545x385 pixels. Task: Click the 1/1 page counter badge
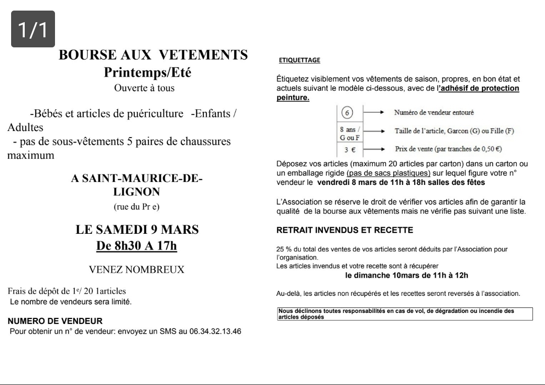pos(33,29)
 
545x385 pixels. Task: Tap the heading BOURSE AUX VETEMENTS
pos(153,55)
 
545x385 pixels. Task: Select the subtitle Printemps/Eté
pos(147,72)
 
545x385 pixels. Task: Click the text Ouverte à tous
pos(144,88)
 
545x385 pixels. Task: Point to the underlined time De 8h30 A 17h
pos(137,246)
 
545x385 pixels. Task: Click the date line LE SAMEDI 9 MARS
pos(137,230)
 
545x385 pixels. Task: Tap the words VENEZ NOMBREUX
pos(137,270)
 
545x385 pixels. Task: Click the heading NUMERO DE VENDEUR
pos(55,320)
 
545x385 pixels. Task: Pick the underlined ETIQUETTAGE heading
pos(299,60)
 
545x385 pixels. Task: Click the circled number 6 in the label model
pos(346,112)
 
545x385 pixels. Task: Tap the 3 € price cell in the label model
pos(350,149)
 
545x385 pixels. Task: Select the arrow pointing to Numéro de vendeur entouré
pos(375,112)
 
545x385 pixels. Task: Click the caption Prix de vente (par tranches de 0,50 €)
pos(448,149)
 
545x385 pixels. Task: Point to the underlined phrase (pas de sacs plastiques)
pos(389,173)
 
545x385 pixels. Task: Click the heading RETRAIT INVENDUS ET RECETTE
pos(345,230)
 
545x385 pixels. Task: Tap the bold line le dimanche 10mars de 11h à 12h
pos(406,275)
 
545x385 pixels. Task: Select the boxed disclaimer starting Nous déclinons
pos(405,314)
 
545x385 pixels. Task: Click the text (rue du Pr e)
pos(137,207)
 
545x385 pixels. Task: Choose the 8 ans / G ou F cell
pos(350,134)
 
